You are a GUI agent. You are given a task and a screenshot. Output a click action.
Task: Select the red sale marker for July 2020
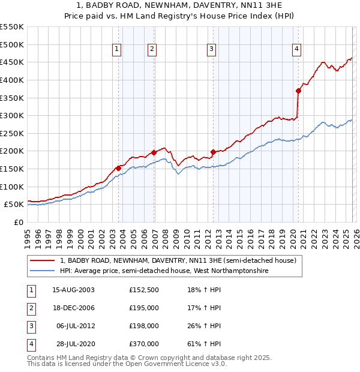[x=298, y=91]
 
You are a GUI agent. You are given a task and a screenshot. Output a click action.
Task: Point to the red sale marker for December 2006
[x=154, y=152]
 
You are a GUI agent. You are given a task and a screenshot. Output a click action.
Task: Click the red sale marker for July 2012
[x=213, y=152]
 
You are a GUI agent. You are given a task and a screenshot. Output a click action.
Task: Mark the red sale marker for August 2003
[x=118, y=168]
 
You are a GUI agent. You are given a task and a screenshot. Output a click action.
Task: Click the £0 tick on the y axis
[x=18, y=222]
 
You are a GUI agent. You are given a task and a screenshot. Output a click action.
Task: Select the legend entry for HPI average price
[x=164, y=271]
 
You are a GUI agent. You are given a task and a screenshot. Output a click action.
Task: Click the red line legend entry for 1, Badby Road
[x=178, y=261]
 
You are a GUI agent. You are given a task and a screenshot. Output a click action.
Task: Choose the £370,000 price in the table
[x=144, y=344]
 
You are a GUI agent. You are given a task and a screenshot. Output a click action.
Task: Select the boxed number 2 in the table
[x=30, y=308]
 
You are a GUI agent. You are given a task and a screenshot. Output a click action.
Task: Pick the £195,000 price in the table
[x=144, y=308]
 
